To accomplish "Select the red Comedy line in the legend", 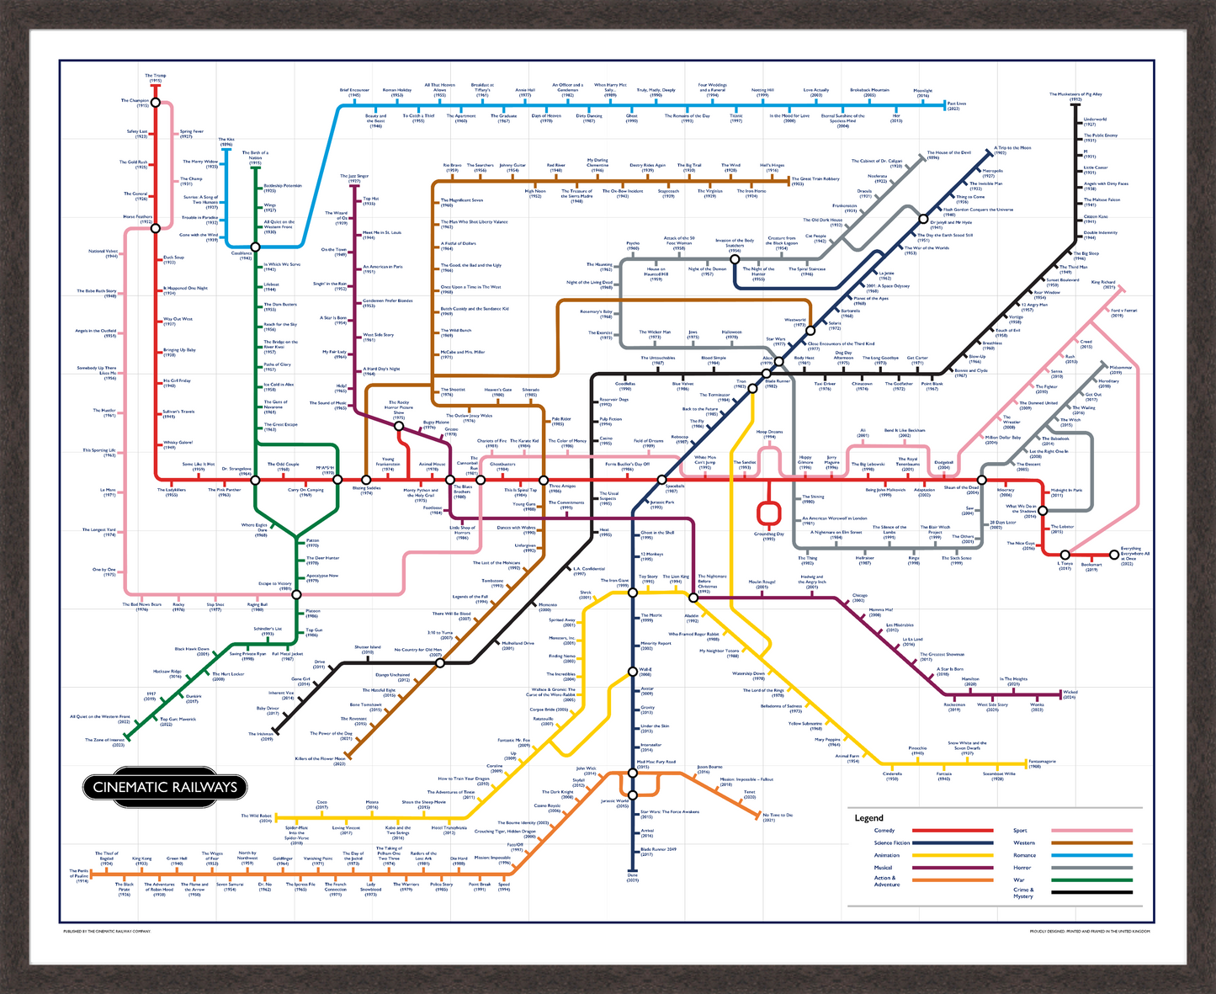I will pyautogui.click(x=953, y=831).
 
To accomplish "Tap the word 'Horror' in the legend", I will pyautogui.click(x=1022, y=867).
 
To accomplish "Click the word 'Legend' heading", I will pyautogui.click(x=868, y=818).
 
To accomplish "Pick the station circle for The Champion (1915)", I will pyautogui.click(x=155, y=102).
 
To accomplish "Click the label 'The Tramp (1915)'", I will pyautogui.click(x=155, y=77).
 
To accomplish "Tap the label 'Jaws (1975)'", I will pyautogui.click(x=693, y=334).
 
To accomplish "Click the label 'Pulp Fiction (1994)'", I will pyautogui.click(x=610, y=421).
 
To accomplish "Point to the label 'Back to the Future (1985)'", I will pyautogui.click(x=699, y=411).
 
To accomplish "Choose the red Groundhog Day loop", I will pyautogui.click(x=767, y=513).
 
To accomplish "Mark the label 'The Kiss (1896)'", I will pyautogui.click(x=226, y=142).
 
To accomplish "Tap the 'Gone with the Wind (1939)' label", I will pyautogui.click(x=199, y=237).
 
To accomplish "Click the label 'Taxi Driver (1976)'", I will pyautogui.click(x=825, y=385).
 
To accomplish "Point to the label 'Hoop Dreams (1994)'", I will pyautogui.click(x=769, y=434).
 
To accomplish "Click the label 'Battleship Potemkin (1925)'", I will pyautogui.click(x=282, y=188).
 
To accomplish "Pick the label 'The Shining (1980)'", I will pyautogui.click(x=813, y=499).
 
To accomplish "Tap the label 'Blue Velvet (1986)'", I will pyautogui.click(x=682, y=385).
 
